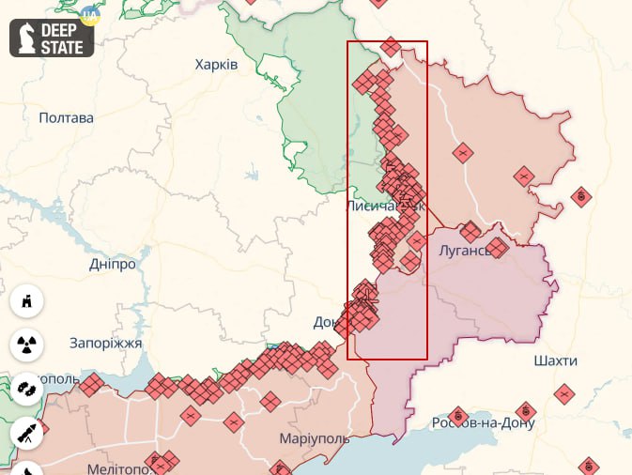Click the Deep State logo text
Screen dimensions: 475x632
(x=64, y=37)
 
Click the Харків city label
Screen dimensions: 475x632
(x=216, y=65)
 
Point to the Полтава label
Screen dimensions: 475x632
(x=67, y=118)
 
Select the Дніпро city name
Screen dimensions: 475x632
(x=113, y=264)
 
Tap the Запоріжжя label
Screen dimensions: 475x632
(x=106, y=344)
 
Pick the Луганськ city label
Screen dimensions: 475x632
(x=464, y=251)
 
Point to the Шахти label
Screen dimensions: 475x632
(x=555, y=360)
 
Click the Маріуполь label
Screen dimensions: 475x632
(x=315, y=438)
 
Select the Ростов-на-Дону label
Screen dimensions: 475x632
(x=483, y=422)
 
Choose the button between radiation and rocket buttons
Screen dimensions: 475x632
(x=27, y=388)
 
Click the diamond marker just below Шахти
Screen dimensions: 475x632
(x=563, y=394)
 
